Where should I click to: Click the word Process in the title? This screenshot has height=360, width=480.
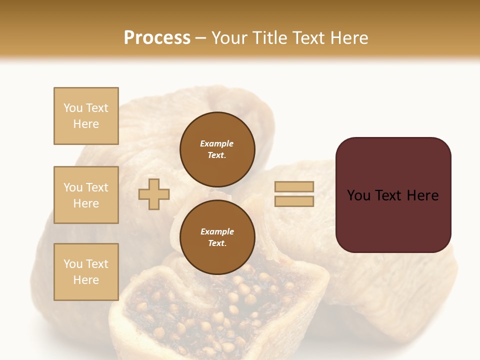click(x=157, y=38)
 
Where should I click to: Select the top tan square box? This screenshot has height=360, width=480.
click(x=86, y=116)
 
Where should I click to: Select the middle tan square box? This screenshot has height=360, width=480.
click(x=86, y=195)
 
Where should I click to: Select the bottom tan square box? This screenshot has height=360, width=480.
click(x=86, y=272)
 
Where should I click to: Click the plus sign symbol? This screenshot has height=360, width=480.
click(x=154, y=194)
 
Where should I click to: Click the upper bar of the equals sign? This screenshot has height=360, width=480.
click(x=294, y=187)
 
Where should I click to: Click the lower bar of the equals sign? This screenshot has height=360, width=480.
click(x=294, y=201)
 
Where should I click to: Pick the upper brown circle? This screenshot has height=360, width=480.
click(x=217, y=149)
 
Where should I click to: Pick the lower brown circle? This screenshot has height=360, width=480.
click(x=217, y=237)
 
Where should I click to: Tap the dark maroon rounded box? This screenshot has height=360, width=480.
click(x=393, y=195)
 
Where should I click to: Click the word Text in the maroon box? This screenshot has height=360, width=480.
click(x=393, y=195)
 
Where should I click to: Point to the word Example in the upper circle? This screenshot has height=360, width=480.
click(x=216, y=143)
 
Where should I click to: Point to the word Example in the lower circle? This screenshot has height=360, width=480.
click(x=217, y=231)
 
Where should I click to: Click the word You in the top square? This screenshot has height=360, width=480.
click(x=73, y=108)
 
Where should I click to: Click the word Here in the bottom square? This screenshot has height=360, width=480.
click(x=86, y=280)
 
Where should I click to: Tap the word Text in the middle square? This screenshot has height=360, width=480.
click(x=97, y=187)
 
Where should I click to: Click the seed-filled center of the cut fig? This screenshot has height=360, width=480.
click(x=220, y=305)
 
